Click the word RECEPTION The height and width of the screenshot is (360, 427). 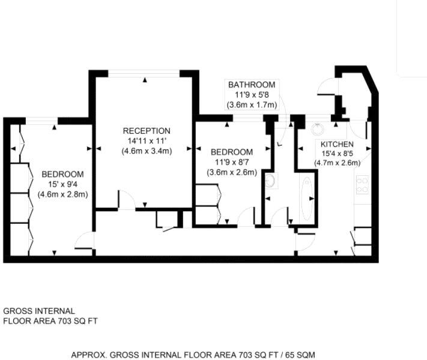pos(147,131)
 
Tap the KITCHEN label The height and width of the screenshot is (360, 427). pos(337,145)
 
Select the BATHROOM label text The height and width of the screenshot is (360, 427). pos(251,85)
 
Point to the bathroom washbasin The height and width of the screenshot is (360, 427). pos(270,180)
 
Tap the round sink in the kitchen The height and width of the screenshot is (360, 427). pos(317,127)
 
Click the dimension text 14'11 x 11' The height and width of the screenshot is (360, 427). pos(147,141)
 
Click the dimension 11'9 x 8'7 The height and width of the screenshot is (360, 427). pos(231,162)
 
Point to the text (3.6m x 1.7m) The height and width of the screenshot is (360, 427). pos(252,105)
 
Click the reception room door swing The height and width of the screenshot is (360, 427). pos(127,200)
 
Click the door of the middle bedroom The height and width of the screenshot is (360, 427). pos(246,217)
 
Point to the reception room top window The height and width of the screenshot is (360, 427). pos(144,73)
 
